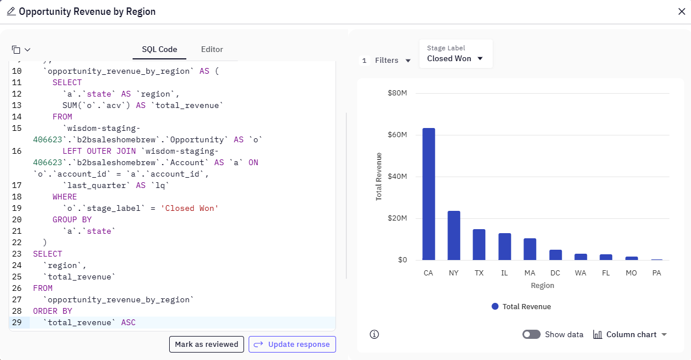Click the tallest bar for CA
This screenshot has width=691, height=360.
click(x=429, y=194)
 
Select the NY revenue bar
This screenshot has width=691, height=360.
click(x=454, y=235)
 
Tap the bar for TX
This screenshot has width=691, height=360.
click(x=479, y=245)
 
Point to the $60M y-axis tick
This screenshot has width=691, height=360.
click(x=397, y=135)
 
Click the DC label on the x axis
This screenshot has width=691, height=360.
click(x=555, y=273)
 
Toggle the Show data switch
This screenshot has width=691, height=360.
click(x=532, y=335)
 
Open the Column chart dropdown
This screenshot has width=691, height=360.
click(x=630, y=335)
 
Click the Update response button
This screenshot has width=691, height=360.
click(x=292, y=345)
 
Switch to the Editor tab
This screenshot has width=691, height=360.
click(x=212, y=50)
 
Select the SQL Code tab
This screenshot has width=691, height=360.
click(x=159, y=50)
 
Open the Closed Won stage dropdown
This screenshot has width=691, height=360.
click(x=456, y=58)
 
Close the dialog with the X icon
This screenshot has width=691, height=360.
click(x=681, y=11)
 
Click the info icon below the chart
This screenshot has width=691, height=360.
click(x=374, y=335)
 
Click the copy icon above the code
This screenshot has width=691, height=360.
click(x=17, y=50)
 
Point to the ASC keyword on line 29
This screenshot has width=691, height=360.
click(x=129, y=323)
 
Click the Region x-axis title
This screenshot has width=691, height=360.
click(x=542, y=286)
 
